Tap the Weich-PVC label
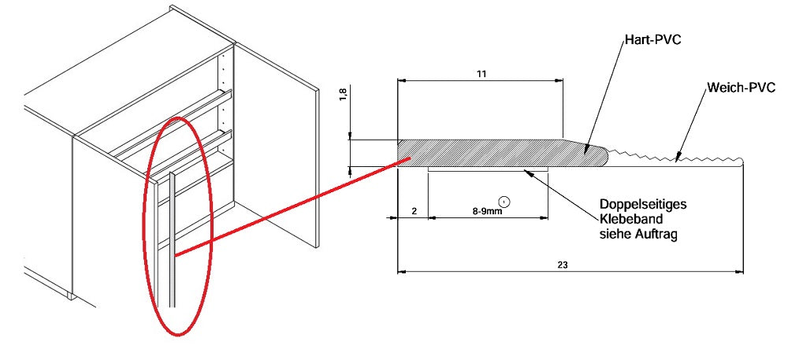738,88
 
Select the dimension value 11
481,74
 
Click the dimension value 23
563,265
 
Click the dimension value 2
414,212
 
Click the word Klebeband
630,220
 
